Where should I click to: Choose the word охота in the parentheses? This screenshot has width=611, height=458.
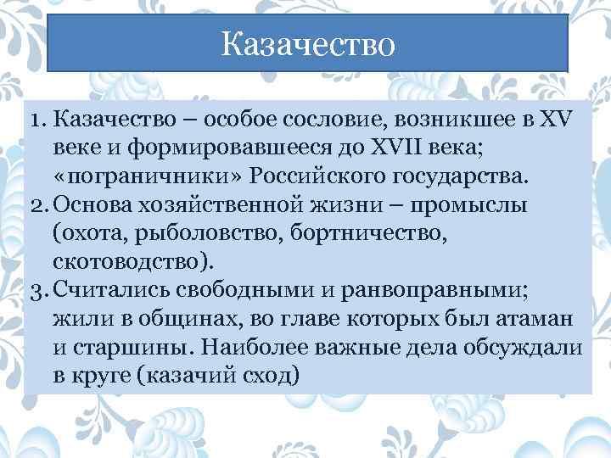[x=88, y=233]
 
